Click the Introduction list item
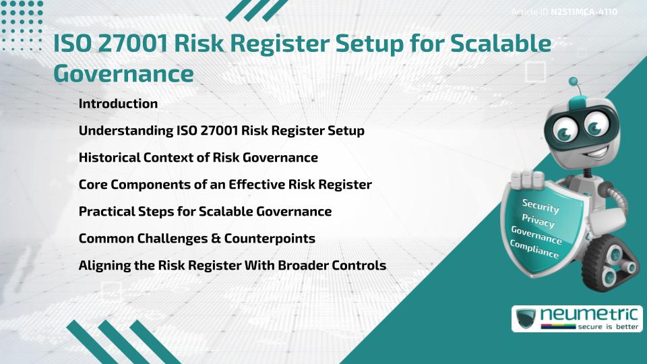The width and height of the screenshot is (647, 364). [x=118, y=104]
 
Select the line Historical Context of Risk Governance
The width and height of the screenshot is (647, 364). [x=198, y=158]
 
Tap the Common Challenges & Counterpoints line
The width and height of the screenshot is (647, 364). [x=197, y=239]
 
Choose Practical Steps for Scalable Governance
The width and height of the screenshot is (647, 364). [x=205, y=212]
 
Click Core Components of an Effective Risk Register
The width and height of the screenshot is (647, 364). [x=225, y=185]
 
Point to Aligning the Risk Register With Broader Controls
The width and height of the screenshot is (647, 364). [x=232, y=266]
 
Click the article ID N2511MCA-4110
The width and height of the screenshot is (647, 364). [x=584, y=12]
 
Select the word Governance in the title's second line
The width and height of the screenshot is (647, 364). [x=123, y=73]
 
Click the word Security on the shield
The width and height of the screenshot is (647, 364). [x=541, y=206]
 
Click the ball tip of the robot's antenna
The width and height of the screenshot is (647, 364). [x=574, y=82]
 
